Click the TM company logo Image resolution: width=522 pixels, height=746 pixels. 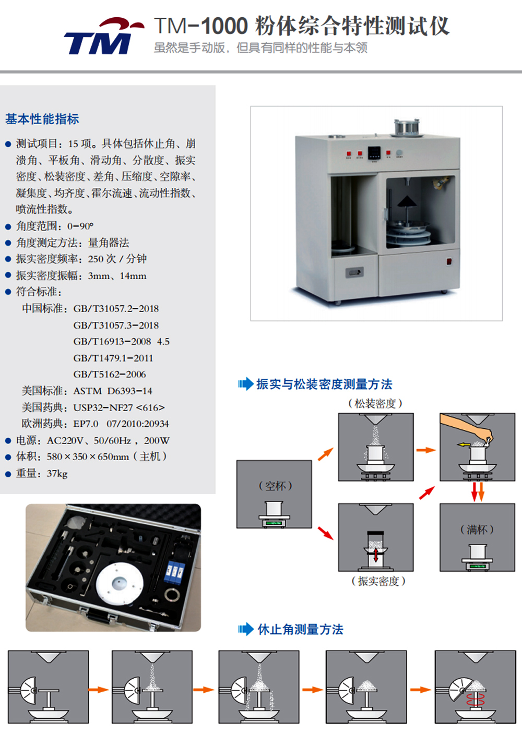(x=104, y=36)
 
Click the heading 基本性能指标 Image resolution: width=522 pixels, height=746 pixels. (x=42, y=119)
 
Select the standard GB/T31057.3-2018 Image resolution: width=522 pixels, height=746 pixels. (x=116, y=325)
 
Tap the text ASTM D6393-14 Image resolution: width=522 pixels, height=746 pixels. (x=113, y=391)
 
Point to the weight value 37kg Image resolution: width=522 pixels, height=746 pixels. (x=57, y=473)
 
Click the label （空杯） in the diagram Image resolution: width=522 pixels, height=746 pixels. (x=275, y=486)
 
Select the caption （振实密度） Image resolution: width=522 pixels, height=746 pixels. (x=378, y=581)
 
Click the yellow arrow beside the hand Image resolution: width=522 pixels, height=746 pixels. (x=463, y=444)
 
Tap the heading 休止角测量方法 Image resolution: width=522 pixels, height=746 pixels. (x=300, y=630)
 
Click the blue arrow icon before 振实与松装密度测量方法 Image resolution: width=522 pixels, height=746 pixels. (x=246, y=383)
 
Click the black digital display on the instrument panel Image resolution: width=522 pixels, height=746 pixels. (x=374, y=153)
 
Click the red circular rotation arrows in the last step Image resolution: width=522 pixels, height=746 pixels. (x=476, y=699)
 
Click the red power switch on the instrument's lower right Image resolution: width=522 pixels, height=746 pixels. (x=449, y=261)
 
